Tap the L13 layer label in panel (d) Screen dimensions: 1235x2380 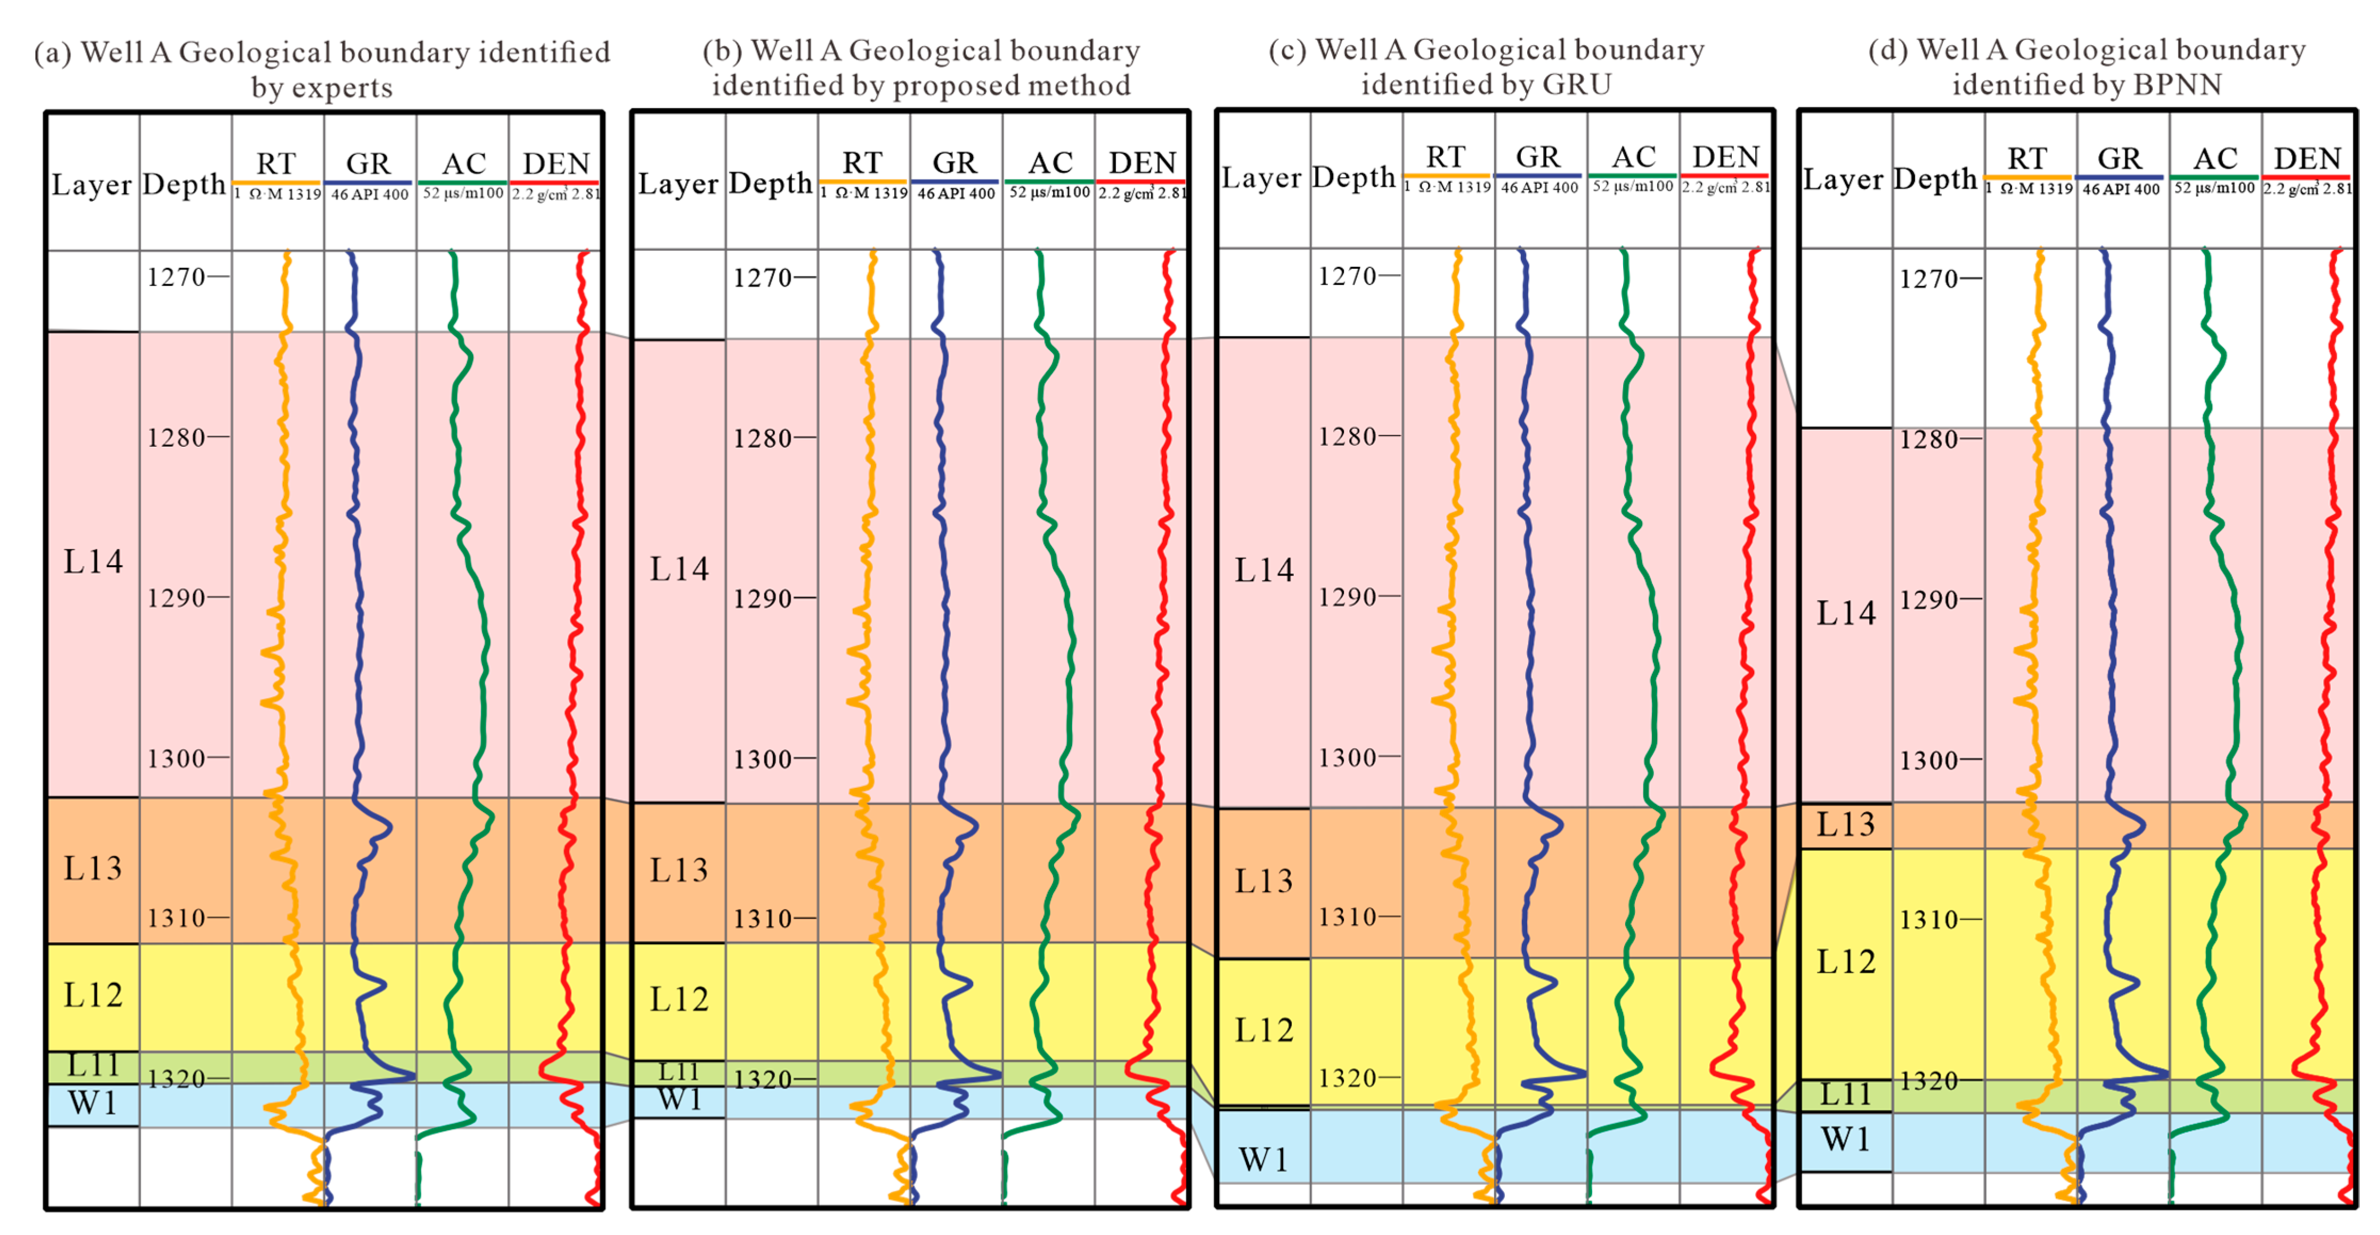[1845, 824]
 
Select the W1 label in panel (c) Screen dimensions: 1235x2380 [1263, 1159]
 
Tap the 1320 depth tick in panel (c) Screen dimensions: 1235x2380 [1347, 1078]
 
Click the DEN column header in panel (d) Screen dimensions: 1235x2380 [2307, 159]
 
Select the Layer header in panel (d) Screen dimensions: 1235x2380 [1843, 179]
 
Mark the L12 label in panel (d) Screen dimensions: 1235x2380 [1845, 962]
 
